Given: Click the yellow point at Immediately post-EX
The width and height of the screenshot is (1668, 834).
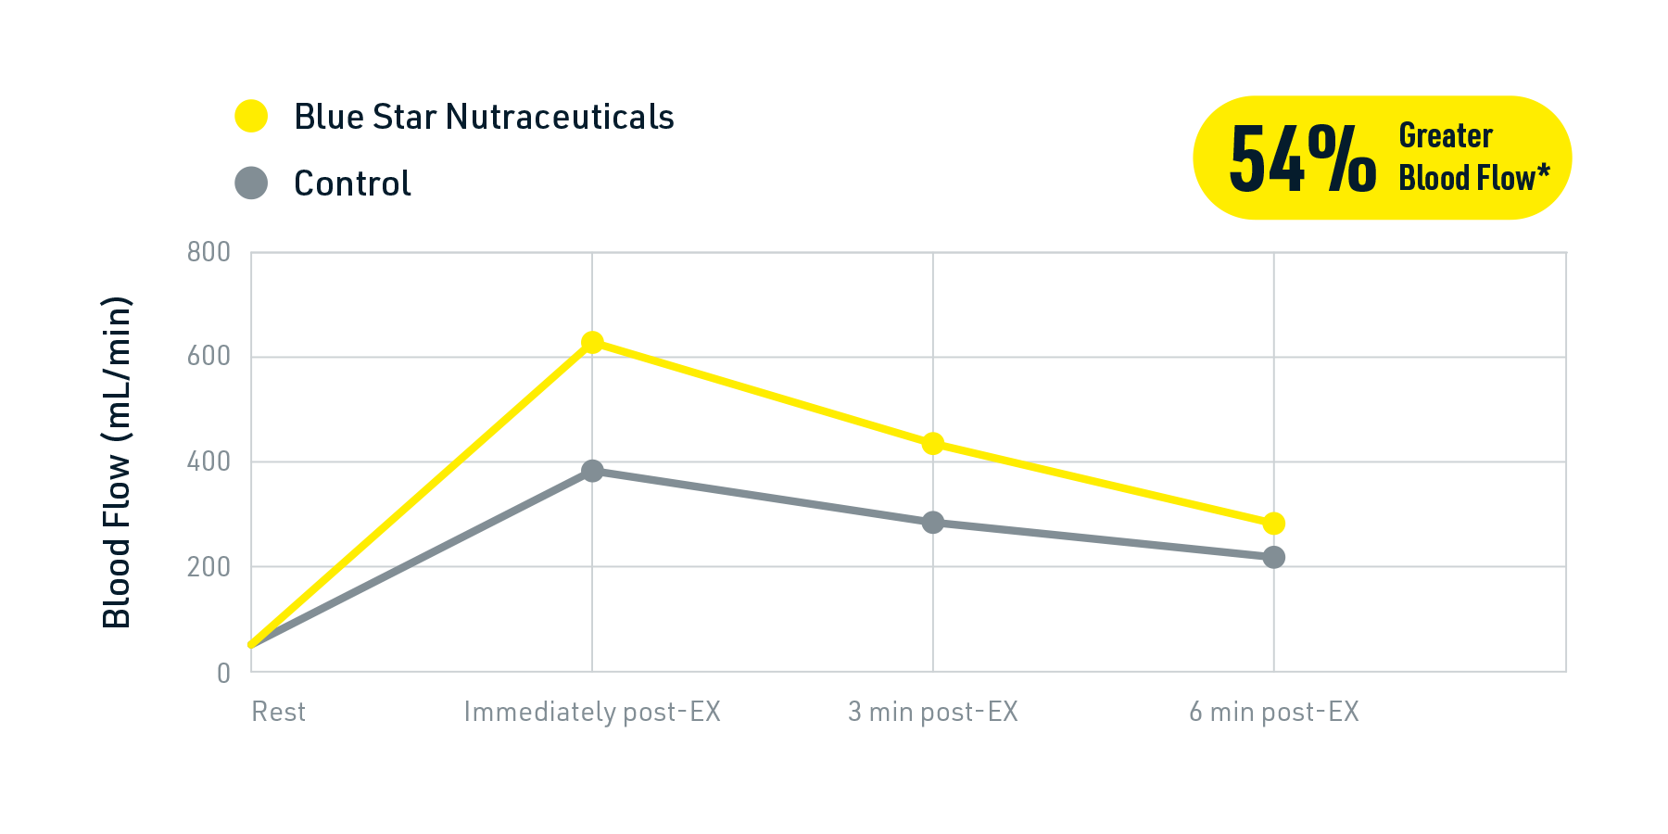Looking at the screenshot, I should coord(592,342).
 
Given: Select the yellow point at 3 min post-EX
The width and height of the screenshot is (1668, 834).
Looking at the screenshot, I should coord(933,444).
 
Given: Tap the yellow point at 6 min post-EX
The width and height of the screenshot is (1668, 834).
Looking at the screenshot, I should coord(1274,524).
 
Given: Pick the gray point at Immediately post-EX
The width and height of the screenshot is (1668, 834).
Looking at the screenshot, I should coord(592,471).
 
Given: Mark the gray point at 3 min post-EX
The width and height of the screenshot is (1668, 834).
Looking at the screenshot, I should coord(933,523).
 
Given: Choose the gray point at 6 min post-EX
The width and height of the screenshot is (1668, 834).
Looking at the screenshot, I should coord(1274,557).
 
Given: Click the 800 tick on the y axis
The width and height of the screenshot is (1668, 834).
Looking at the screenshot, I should coord(208,252).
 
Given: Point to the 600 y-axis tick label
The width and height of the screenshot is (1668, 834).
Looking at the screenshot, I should coord(208,356).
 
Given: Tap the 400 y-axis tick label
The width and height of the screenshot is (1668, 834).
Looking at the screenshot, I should coord(208,461).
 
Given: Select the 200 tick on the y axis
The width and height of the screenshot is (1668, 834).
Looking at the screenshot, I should coord(208,566).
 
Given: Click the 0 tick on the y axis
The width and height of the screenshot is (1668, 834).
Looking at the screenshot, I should coord(223,673).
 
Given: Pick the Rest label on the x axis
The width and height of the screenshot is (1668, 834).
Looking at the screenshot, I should coord(278,712).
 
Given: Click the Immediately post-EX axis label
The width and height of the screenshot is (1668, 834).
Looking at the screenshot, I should coord(592,712).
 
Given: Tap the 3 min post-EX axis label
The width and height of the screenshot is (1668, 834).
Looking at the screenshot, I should coord(933,712).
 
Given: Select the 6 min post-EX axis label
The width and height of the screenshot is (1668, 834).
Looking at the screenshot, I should coord(1274,712).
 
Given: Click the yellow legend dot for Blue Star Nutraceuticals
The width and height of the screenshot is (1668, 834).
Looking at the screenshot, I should coord(251,116).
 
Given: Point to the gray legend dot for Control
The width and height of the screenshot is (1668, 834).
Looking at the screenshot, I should coord(251,183).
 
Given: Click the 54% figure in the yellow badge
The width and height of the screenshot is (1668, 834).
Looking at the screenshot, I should coord(1302,160).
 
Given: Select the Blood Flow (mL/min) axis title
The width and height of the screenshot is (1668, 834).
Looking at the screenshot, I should coord(117,461).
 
